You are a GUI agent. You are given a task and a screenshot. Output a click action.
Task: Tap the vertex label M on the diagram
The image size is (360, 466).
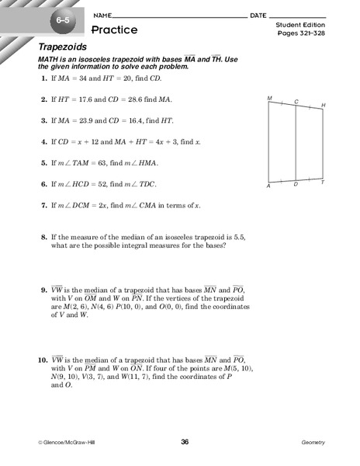(x=269, y=99)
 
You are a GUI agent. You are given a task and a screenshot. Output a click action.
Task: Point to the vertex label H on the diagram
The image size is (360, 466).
(x=323, y=105)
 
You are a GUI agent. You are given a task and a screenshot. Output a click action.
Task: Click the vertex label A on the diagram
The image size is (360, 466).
(x=268, y=186)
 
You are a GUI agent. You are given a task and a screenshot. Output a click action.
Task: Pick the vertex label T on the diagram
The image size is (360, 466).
(x=323, y=183)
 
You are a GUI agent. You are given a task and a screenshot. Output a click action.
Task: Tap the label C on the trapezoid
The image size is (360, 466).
(x=296, y=102)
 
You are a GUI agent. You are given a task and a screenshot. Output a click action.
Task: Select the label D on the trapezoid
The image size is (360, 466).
(x=296, y=185)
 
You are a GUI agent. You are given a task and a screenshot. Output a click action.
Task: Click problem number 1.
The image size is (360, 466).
(x=42, y=80)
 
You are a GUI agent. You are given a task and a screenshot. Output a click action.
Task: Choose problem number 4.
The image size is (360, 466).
(x=42, y=142)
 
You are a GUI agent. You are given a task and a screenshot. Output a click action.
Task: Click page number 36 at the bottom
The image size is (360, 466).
(x=185, y=442)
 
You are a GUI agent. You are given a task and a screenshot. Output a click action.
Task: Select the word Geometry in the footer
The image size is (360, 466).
(x=313, y=443)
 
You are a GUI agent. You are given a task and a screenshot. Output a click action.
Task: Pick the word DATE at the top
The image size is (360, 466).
(x=258, y=16)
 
